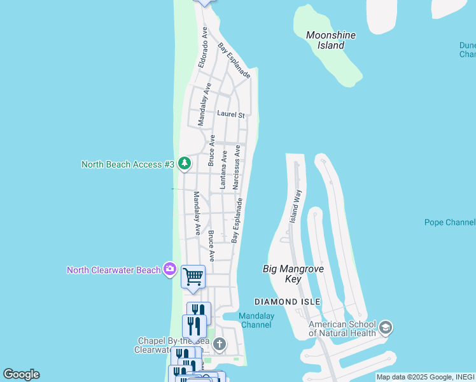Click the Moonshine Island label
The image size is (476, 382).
coord(330,40)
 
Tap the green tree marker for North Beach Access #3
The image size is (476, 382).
coord(185,164)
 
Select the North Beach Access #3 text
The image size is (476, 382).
coord(128,164)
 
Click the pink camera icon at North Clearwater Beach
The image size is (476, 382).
coord(169,269)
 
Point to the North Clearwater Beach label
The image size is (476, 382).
coord(114,270)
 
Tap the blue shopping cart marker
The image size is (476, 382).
coord(193,277)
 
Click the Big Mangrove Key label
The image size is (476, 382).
coord(293,274)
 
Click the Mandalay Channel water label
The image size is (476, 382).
coord(255,320)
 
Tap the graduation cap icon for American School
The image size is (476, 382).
coord(386,328)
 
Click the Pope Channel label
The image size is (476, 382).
coord(450,222)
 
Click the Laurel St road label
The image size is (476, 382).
coord(230,115)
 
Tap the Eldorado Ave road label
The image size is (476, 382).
coord(204,48)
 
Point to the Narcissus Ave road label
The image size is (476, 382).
coord(236,167)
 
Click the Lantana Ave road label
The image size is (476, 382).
coord(223,169)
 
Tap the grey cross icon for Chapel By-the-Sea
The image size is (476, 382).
coord(219,344)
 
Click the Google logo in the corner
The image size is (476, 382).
coord(21,374)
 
